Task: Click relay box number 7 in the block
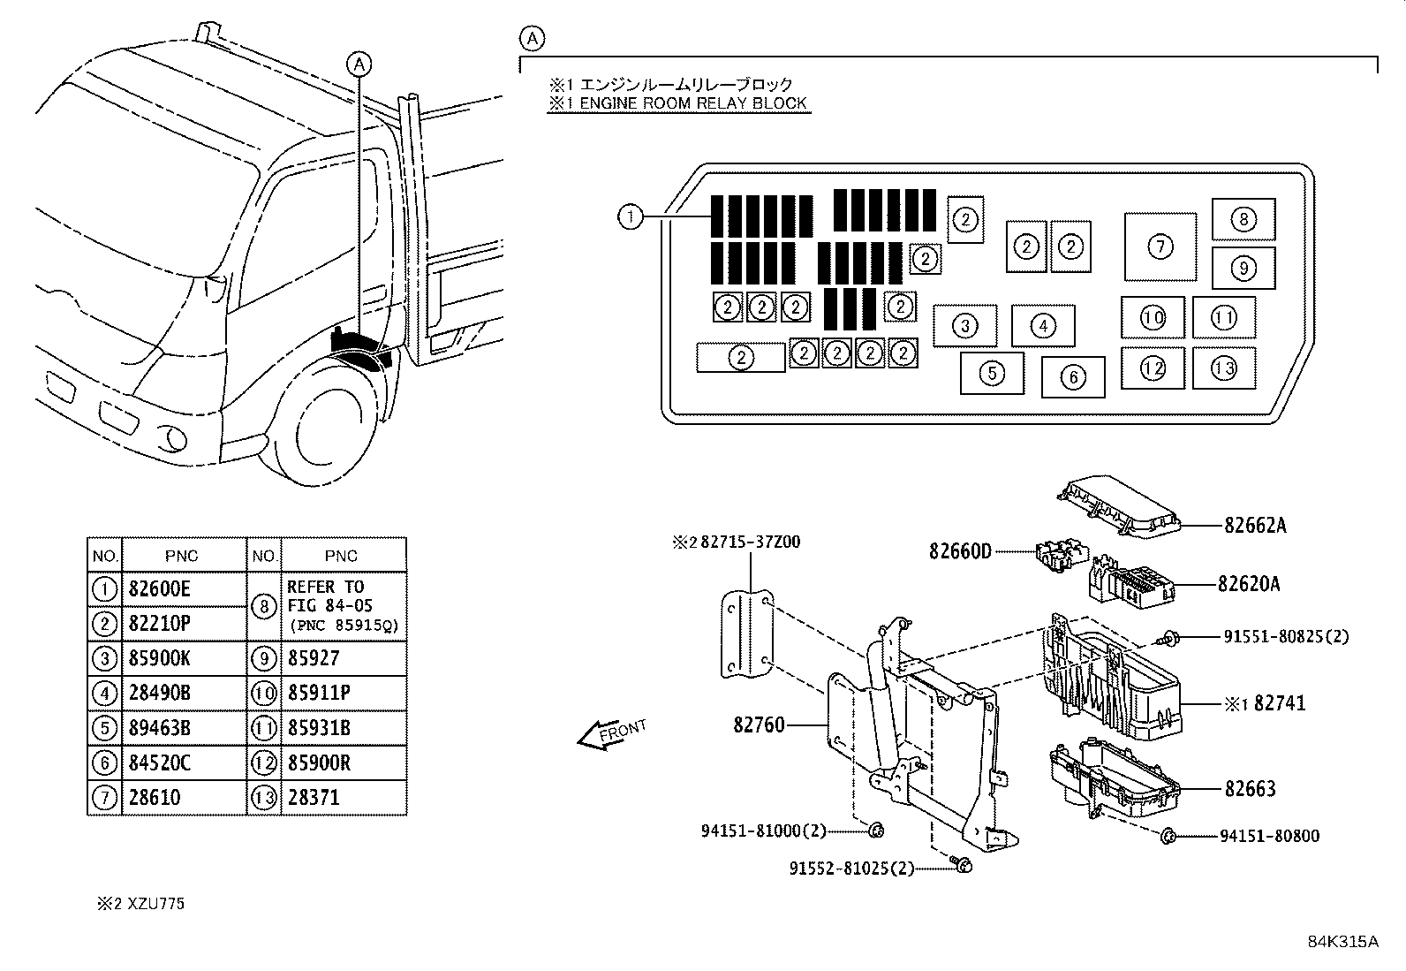(1160, 247)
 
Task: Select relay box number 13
(1223, 368)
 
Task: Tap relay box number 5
(992, 373)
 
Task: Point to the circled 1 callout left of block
(630, 216)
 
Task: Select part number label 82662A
(1255, 525)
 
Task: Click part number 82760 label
(758, 725)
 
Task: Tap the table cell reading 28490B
(160, 694)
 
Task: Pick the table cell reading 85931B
(319, 728)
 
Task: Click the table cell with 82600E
(160, 589)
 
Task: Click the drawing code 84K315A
(1342, 941)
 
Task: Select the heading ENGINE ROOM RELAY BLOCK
(677, 103)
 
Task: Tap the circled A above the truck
(359, 63)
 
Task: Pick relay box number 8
(1243, 219)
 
